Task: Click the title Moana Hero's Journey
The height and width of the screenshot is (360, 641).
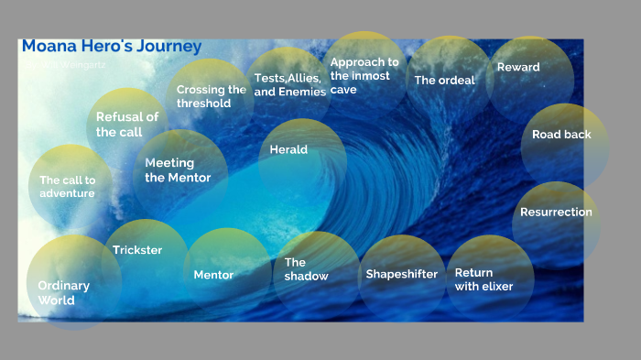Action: pos(111,47)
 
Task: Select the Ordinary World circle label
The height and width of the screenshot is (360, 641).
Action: pos(63,292)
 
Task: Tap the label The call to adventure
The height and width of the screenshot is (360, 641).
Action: pos(67,187)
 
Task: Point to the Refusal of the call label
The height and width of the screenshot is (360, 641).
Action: pos(126,125)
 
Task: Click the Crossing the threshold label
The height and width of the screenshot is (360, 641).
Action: pos(211,96)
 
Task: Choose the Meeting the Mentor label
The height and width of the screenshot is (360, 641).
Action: pos(178,170)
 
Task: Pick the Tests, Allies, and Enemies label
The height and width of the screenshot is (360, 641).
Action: pos(289,85)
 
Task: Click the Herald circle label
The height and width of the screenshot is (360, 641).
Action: pos(288,150)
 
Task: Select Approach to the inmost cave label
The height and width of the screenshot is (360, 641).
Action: pos(364,76)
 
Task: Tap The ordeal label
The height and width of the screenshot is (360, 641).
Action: pos(444,81)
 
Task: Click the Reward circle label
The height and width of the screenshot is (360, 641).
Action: pos(518,68)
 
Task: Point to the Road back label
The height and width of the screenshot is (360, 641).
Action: pos(561,135)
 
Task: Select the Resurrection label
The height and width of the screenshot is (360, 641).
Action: pos(556,213)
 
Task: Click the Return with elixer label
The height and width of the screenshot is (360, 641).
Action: pos(483,279)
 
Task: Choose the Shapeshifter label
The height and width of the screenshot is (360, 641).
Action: pos(401,274)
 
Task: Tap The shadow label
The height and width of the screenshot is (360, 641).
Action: pos(306,269)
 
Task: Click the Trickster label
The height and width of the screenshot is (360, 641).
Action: pos(137,250)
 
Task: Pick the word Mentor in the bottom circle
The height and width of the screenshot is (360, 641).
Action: pos(213,275)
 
